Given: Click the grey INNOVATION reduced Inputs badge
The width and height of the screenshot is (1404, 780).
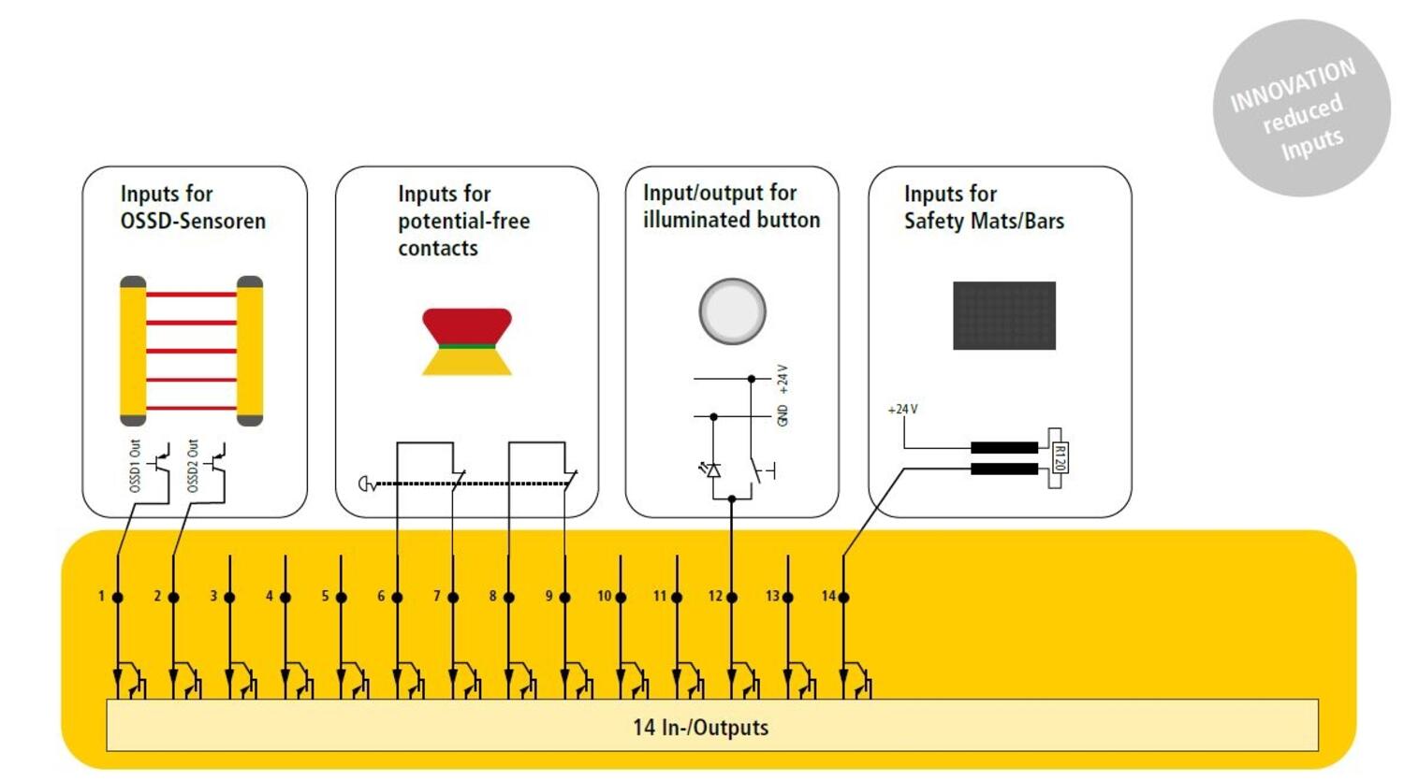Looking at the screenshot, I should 1301,108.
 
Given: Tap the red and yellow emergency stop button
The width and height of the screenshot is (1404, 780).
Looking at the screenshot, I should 467,341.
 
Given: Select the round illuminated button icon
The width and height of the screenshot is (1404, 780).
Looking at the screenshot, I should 732,311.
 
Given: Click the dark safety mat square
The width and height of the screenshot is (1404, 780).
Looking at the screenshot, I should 1003,315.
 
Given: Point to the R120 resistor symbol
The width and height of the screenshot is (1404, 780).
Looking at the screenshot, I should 1058,458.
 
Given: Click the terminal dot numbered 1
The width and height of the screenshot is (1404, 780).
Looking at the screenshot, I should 118,597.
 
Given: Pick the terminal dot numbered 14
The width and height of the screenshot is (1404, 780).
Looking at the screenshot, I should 843,597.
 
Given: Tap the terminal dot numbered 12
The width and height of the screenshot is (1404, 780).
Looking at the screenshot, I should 732,597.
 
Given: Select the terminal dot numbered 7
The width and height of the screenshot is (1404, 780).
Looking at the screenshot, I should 453,597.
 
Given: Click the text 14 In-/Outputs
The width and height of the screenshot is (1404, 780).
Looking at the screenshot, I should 700,727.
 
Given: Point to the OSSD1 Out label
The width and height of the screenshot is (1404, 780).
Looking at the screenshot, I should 135,465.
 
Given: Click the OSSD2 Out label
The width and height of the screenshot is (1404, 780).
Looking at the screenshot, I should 193,465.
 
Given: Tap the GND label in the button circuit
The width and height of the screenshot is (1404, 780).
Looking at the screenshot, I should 782,415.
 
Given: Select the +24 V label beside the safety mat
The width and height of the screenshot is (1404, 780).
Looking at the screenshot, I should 902,409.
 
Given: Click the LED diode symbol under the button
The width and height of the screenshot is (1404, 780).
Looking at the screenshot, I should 713,469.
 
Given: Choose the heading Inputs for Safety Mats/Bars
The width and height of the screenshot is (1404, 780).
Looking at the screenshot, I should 983,207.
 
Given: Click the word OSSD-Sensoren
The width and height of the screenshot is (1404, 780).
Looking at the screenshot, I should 193,221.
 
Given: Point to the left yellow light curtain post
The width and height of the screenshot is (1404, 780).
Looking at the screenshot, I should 133,351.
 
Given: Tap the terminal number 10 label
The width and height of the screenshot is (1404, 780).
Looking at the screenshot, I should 604,596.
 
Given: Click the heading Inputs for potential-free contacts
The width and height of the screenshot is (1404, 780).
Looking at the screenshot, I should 463,221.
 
